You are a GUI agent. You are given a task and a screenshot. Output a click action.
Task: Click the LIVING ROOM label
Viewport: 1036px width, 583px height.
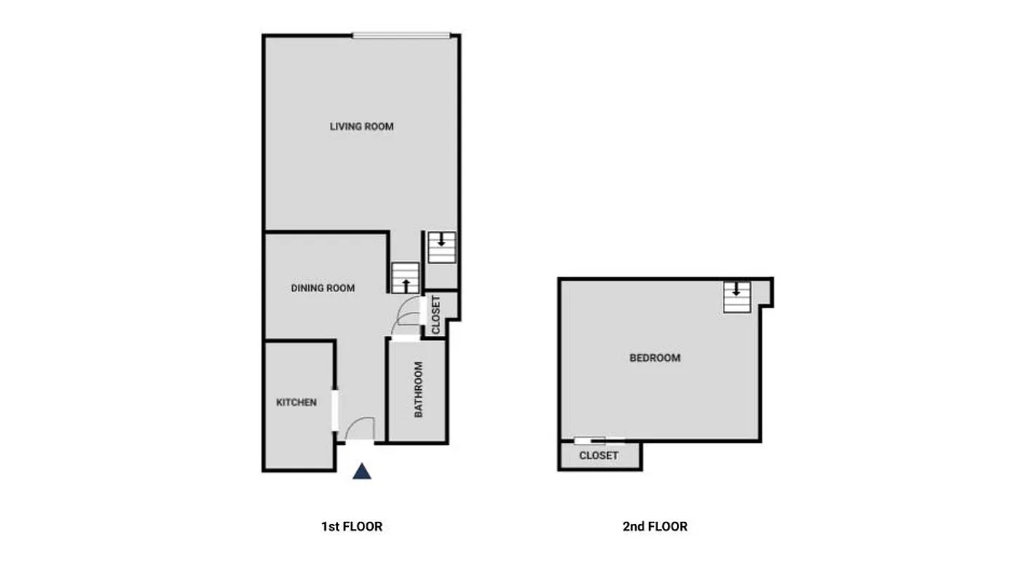point(361,127)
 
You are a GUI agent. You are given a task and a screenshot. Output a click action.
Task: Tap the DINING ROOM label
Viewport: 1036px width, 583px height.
point(323,289)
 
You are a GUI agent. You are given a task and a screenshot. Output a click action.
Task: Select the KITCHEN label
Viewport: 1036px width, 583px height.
point(297,402)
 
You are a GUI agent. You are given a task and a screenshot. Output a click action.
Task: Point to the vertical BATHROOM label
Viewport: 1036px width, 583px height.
point(418,390)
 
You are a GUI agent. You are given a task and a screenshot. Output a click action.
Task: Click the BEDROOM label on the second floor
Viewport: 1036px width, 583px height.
point(655,358)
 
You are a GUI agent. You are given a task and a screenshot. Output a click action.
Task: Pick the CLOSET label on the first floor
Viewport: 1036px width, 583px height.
point(436,314)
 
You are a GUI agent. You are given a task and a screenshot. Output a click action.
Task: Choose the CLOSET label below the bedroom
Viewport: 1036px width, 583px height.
point(599,455)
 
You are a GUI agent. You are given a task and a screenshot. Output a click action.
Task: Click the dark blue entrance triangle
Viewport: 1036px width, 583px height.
point(362,472)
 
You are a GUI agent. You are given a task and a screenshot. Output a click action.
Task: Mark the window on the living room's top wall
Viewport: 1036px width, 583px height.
point(401,35)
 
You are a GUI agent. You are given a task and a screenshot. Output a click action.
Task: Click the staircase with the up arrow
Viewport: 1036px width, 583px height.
point(406,278)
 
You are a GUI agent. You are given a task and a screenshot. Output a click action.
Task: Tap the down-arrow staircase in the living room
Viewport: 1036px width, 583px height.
point(442,246)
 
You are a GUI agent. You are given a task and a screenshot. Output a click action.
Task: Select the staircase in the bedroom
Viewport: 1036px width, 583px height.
point(737,297)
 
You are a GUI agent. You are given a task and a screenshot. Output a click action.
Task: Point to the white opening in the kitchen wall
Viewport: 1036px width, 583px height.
point(335,410)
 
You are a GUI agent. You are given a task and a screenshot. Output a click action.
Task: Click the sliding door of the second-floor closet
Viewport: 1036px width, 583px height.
point(599,441)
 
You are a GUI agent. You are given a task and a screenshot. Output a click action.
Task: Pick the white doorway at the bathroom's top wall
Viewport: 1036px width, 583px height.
point(405,337)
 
